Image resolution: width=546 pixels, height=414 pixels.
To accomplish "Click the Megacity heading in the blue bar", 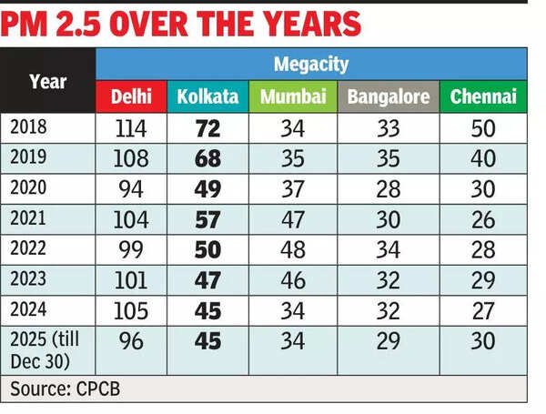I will (x=310, y=65).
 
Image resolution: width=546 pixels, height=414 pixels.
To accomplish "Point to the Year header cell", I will (x=47, y=81).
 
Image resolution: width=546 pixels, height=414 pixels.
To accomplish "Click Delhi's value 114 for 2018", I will (x=131, y=127).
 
